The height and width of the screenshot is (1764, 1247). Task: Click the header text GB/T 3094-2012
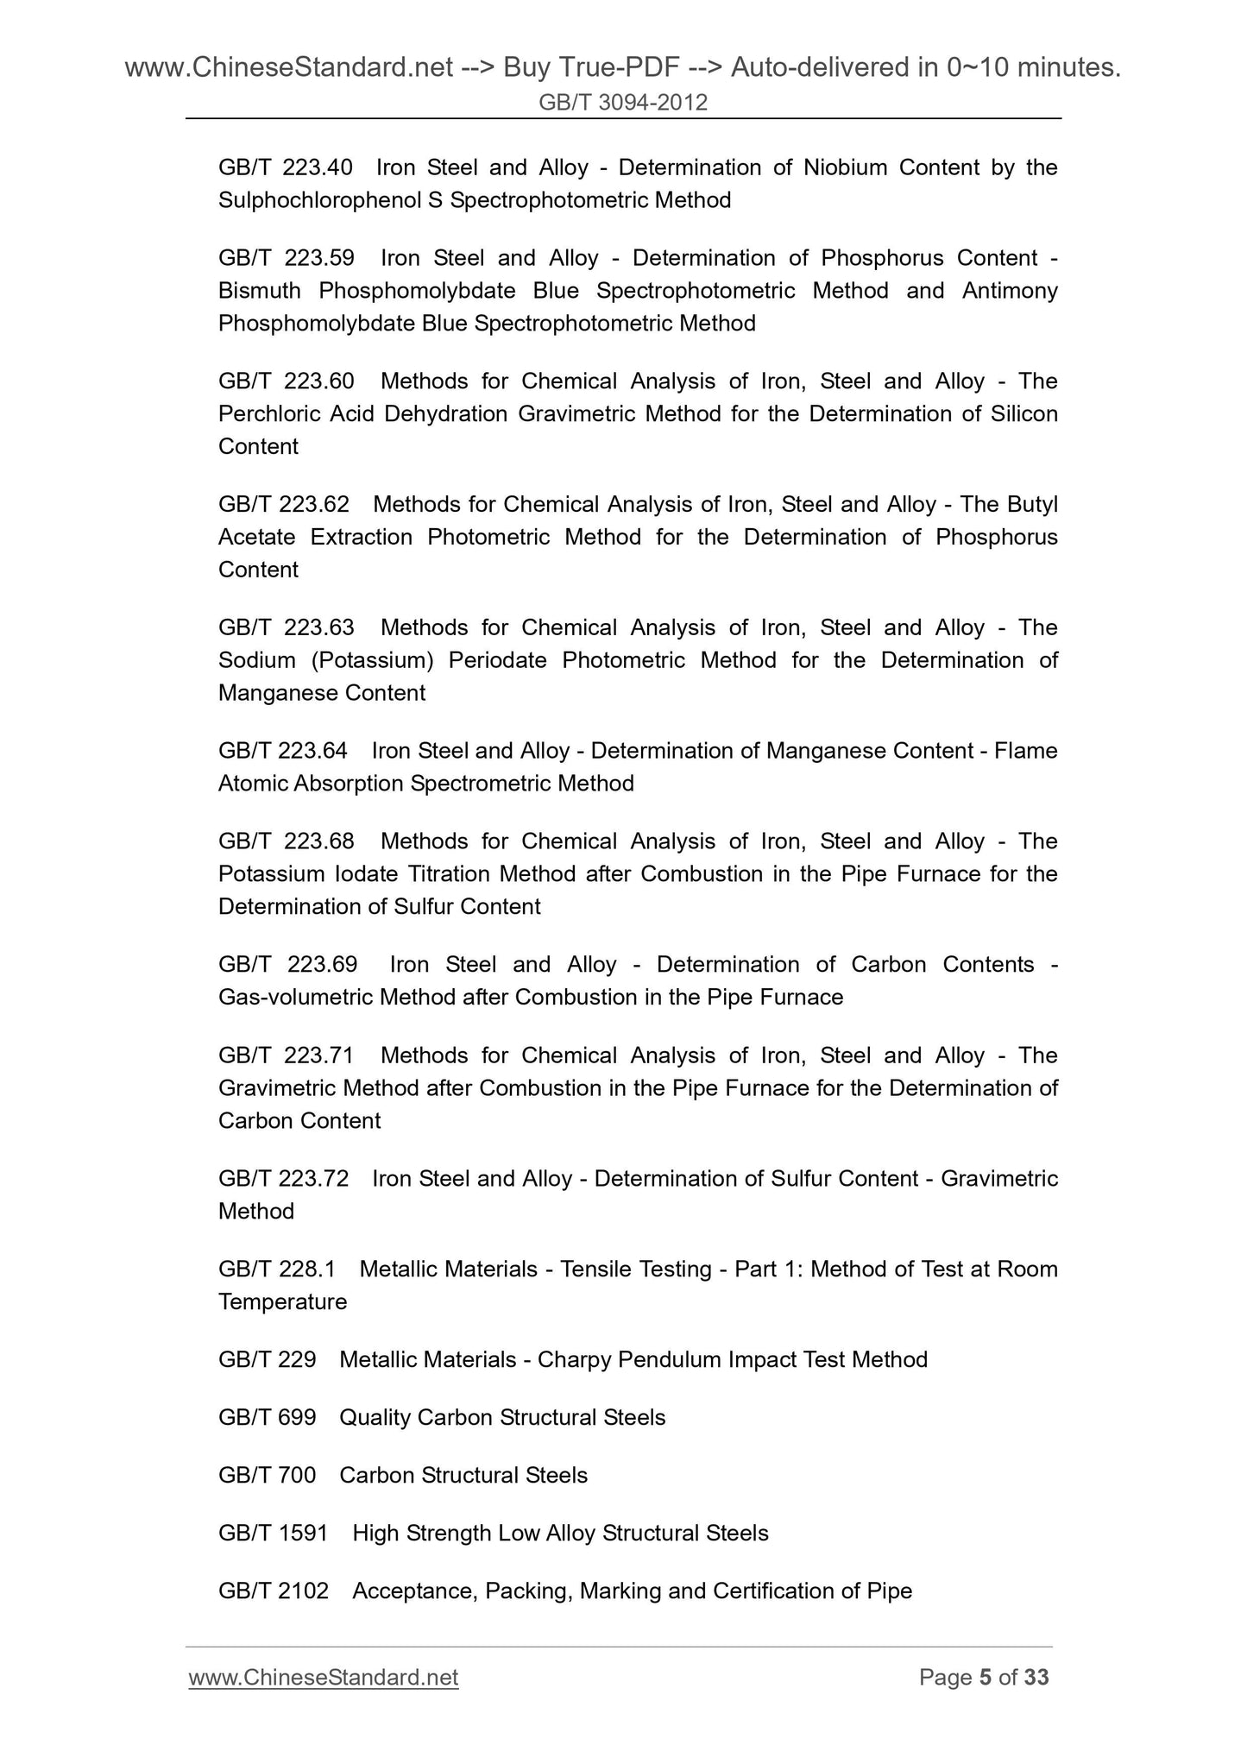(x=623, y=103)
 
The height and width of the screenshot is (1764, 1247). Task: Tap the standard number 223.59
(x=318, y=258)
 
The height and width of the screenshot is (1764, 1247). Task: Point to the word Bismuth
(x=259, y=291)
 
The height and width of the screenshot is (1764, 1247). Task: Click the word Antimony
(x=1010, y=291)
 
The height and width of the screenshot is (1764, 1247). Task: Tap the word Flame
(x=1025, y=751)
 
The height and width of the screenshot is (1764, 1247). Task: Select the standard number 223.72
(x=314, y=1179)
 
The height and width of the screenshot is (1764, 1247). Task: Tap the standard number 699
(x=298, y=1418)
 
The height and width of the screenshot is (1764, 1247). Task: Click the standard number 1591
(x=304, y=1534)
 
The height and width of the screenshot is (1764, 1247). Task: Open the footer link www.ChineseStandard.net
(x=323, y=1677)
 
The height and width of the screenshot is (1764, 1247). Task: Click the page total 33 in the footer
(x=1035, y=1677)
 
